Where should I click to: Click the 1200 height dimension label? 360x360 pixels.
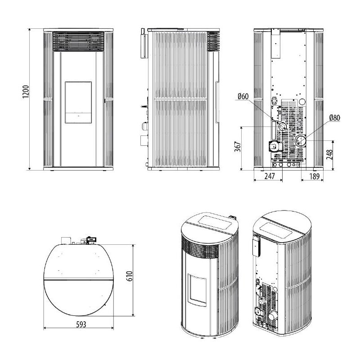(26, 92)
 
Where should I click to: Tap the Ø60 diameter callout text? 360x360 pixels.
(243, 96)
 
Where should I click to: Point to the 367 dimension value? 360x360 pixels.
(238, 147)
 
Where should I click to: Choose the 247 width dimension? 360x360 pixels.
(269, 176)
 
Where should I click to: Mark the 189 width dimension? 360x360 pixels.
(314, 176)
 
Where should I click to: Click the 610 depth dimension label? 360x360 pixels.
(129, 276)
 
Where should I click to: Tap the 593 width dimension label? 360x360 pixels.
(81, 324)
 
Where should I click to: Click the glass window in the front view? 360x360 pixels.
(78, 102)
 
